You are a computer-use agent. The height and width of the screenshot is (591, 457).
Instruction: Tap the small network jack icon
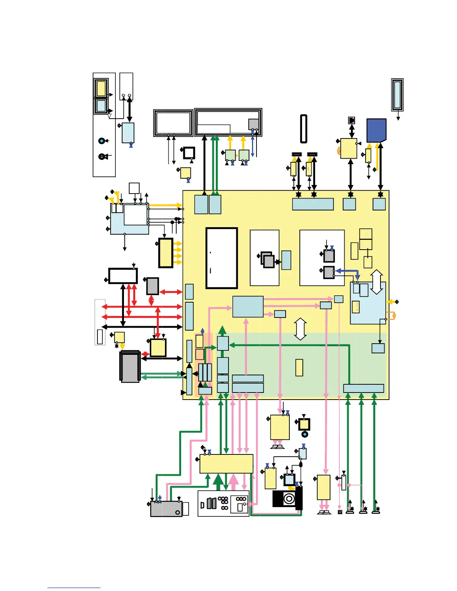351,120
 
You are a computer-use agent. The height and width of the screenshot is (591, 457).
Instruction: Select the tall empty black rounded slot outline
304,129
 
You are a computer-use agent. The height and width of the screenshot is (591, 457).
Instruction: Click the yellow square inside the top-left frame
101,88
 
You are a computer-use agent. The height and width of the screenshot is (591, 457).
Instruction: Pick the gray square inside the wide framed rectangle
254,124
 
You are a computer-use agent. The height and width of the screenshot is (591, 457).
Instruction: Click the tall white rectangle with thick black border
222,258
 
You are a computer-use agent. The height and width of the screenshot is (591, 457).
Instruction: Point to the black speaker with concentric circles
287,498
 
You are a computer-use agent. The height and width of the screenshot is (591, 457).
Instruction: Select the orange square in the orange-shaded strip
200,354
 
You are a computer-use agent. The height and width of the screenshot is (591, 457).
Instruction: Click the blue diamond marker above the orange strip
202,331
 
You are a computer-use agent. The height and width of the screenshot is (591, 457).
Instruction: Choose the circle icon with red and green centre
101,156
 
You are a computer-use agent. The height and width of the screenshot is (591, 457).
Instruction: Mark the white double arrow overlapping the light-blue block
376,282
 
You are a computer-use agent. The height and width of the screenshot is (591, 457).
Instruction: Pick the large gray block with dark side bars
130,367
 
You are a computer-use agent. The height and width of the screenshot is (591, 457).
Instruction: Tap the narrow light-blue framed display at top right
397,95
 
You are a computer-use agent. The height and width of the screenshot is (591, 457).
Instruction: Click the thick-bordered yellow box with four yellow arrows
166,253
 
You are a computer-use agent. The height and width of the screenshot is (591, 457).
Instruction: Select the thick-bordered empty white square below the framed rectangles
189,153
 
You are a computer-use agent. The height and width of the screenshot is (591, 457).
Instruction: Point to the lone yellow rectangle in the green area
299,368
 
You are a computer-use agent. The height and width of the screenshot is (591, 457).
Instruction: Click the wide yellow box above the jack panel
226,464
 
